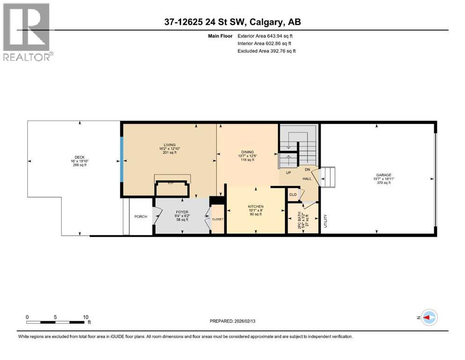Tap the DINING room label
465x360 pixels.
[x=247, y=152]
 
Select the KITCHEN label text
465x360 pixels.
[x=256, y=207]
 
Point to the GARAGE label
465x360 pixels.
[x=383, y=175]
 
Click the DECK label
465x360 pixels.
[x=80, y=157]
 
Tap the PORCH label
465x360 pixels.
[x=140, y=217]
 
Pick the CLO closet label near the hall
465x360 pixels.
[x=293, y=194]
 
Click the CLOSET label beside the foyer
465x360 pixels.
[x=218, y=219]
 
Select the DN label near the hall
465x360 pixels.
[x=308, y=170]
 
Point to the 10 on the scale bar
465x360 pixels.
[x=86, y=317]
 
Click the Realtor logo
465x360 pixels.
[x=28, y=32]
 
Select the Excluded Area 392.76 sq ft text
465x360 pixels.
[x=266, y=51]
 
